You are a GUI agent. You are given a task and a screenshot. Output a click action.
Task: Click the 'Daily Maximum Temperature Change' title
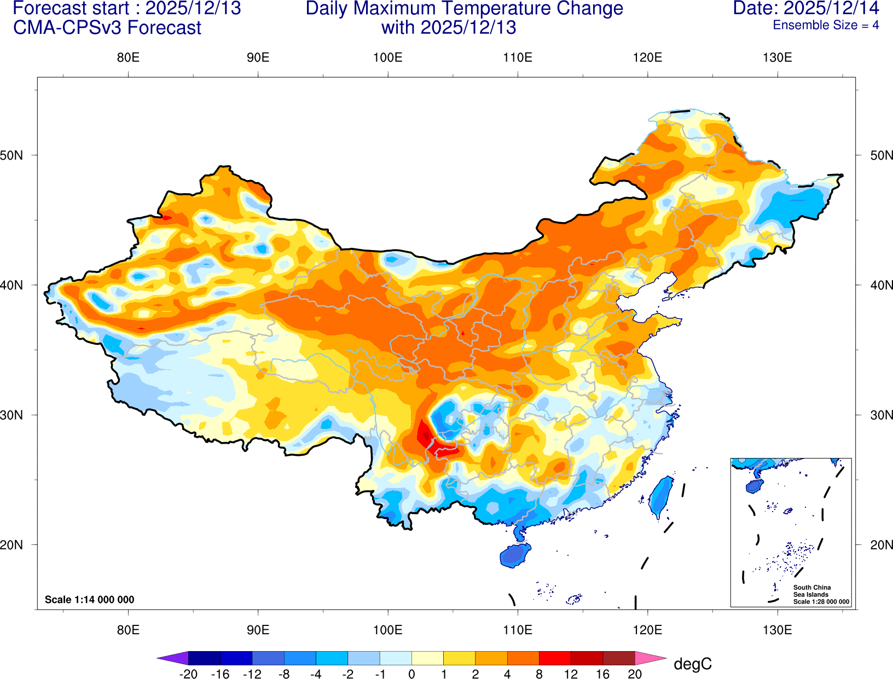(464, 9)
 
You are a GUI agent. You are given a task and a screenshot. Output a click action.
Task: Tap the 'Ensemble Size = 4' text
(826, 25)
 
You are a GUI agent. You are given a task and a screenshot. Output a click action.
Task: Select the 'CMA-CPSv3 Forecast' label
(107, 27)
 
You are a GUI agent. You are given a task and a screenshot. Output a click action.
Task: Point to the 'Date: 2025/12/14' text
(805, 8)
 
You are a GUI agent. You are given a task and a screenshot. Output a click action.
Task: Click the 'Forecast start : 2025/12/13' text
(126, 8)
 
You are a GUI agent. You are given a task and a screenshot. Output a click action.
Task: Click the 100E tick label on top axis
(387, 58)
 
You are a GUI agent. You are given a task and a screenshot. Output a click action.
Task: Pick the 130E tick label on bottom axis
(777, 630)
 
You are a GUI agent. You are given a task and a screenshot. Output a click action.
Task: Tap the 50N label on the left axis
(11, 155)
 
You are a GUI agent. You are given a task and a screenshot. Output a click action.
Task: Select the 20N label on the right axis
(881, 545)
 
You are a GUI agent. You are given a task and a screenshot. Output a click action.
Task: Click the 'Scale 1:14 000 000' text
(89, 600)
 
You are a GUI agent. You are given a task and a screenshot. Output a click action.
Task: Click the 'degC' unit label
(692, 664)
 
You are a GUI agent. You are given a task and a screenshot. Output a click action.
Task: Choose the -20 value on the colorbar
(188, 674)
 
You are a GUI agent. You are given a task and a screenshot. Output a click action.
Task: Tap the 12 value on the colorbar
(571, 674)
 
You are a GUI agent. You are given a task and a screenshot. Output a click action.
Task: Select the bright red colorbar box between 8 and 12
(555, 658)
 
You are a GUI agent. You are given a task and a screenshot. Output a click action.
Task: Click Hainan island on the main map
(515, 555)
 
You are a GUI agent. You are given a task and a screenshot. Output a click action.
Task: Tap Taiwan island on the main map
(662, 496)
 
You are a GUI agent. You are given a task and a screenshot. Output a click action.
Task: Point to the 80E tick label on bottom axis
(128, 630)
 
